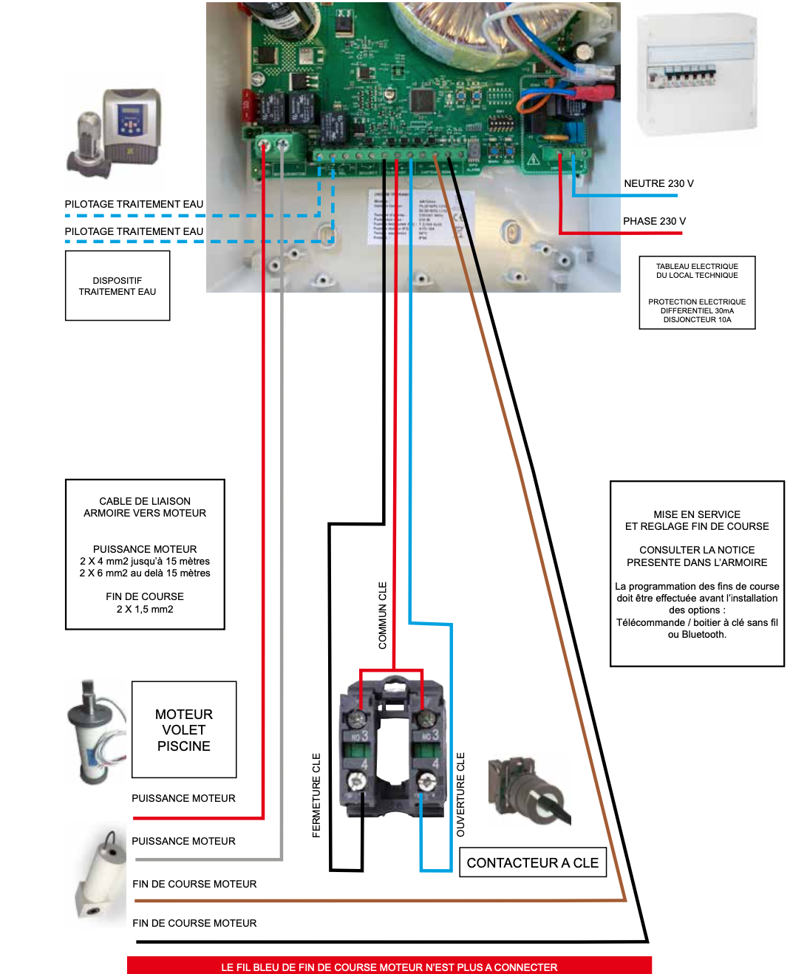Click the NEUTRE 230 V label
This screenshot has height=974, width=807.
point(658,183)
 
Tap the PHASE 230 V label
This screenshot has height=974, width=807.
point(654,221)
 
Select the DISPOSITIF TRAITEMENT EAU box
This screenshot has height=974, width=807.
point(118,286)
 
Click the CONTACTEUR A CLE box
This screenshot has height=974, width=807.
point(533,862)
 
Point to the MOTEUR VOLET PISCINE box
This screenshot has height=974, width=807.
point(184,730)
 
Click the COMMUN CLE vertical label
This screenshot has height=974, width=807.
point(382,616)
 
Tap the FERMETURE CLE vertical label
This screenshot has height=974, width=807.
point(316,795)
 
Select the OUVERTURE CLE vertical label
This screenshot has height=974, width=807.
point(460,794)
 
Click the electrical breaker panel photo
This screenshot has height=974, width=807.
point(697,74)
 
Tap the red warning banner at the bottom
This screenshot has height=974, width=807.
point(389,966)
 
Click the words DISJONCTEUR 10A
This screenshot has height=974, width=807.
point(697,320)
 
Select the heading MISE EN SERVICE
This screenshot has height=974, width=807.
point(697,514)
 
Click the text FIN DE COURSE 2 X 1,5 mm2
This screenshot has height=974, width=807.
point(145,603)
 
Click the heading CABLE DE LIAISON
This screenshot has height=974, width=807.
point(145,501)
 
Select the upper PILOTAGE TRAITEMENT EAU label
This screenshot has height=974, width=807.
point(134,204)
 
